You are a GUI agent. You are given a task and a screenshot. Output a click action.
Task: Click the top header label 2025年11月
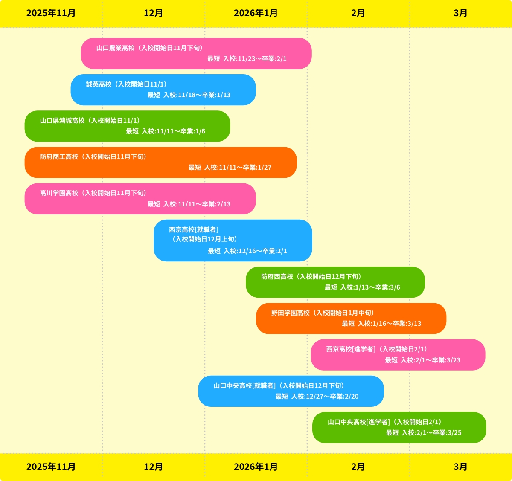tap(51, 13)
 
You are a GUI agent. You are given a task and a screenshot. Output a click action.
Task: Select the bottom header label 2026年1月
tap(256, 467)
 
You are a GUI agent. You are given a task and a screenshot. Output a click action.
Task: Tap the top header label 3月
tap(460, 13)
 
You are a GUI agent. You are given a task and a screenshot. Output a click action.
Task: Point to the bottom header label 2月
tap(358, 467)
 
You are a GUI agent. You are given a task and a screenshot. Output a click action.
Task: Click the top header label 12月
tap(153, 13)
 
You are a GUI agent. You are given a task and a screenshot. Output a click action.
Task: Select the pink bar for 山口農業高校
tap(196, 53)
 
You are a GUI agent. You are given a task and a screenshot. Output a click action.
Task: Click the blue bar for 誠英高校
tap(163, 90)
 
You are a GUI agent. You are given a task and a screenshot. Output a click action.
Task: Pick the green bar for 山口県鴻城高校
tap(127, 126)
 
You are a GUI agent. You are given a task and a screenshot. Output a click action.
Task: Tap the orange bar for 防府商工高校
tap(160, 162)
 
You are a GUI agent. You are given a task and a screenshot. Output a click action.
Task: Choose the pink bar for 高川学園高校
tap(140, 199)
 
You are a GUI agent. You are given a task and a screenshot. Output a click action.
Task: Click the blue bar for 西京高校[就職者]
tap(233, 240)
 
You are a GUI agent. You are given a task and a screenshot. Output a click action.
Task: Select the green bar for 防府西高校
tap(335, 282)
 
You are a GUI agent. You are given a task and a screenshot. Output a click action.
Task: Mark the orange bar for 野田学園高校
tap(351, 318)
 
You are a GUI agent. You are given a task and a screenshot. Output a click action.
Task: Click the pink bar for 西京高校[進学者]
tap(398, 354)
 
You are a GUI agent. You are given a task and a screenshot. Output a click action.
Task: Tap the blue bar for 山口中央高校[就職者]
tap(291, 391)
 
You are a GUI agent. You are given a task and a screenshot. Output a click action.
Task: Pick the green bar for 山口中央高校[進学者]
tap(399, 427)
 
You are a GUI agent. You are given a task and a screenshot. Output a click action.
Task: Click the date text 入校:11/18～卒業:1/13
tap(197, 95)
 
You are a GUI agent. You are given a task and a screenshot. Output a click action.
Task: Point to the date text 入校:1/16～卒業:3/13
tap(389, 324)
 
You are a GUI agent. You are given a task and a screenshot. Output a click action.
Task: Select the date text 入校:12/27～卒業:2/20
tap(325, 397)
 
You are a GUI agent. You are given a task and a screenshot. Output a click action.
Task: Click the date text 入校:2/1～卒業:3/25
tap(431, 433)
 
